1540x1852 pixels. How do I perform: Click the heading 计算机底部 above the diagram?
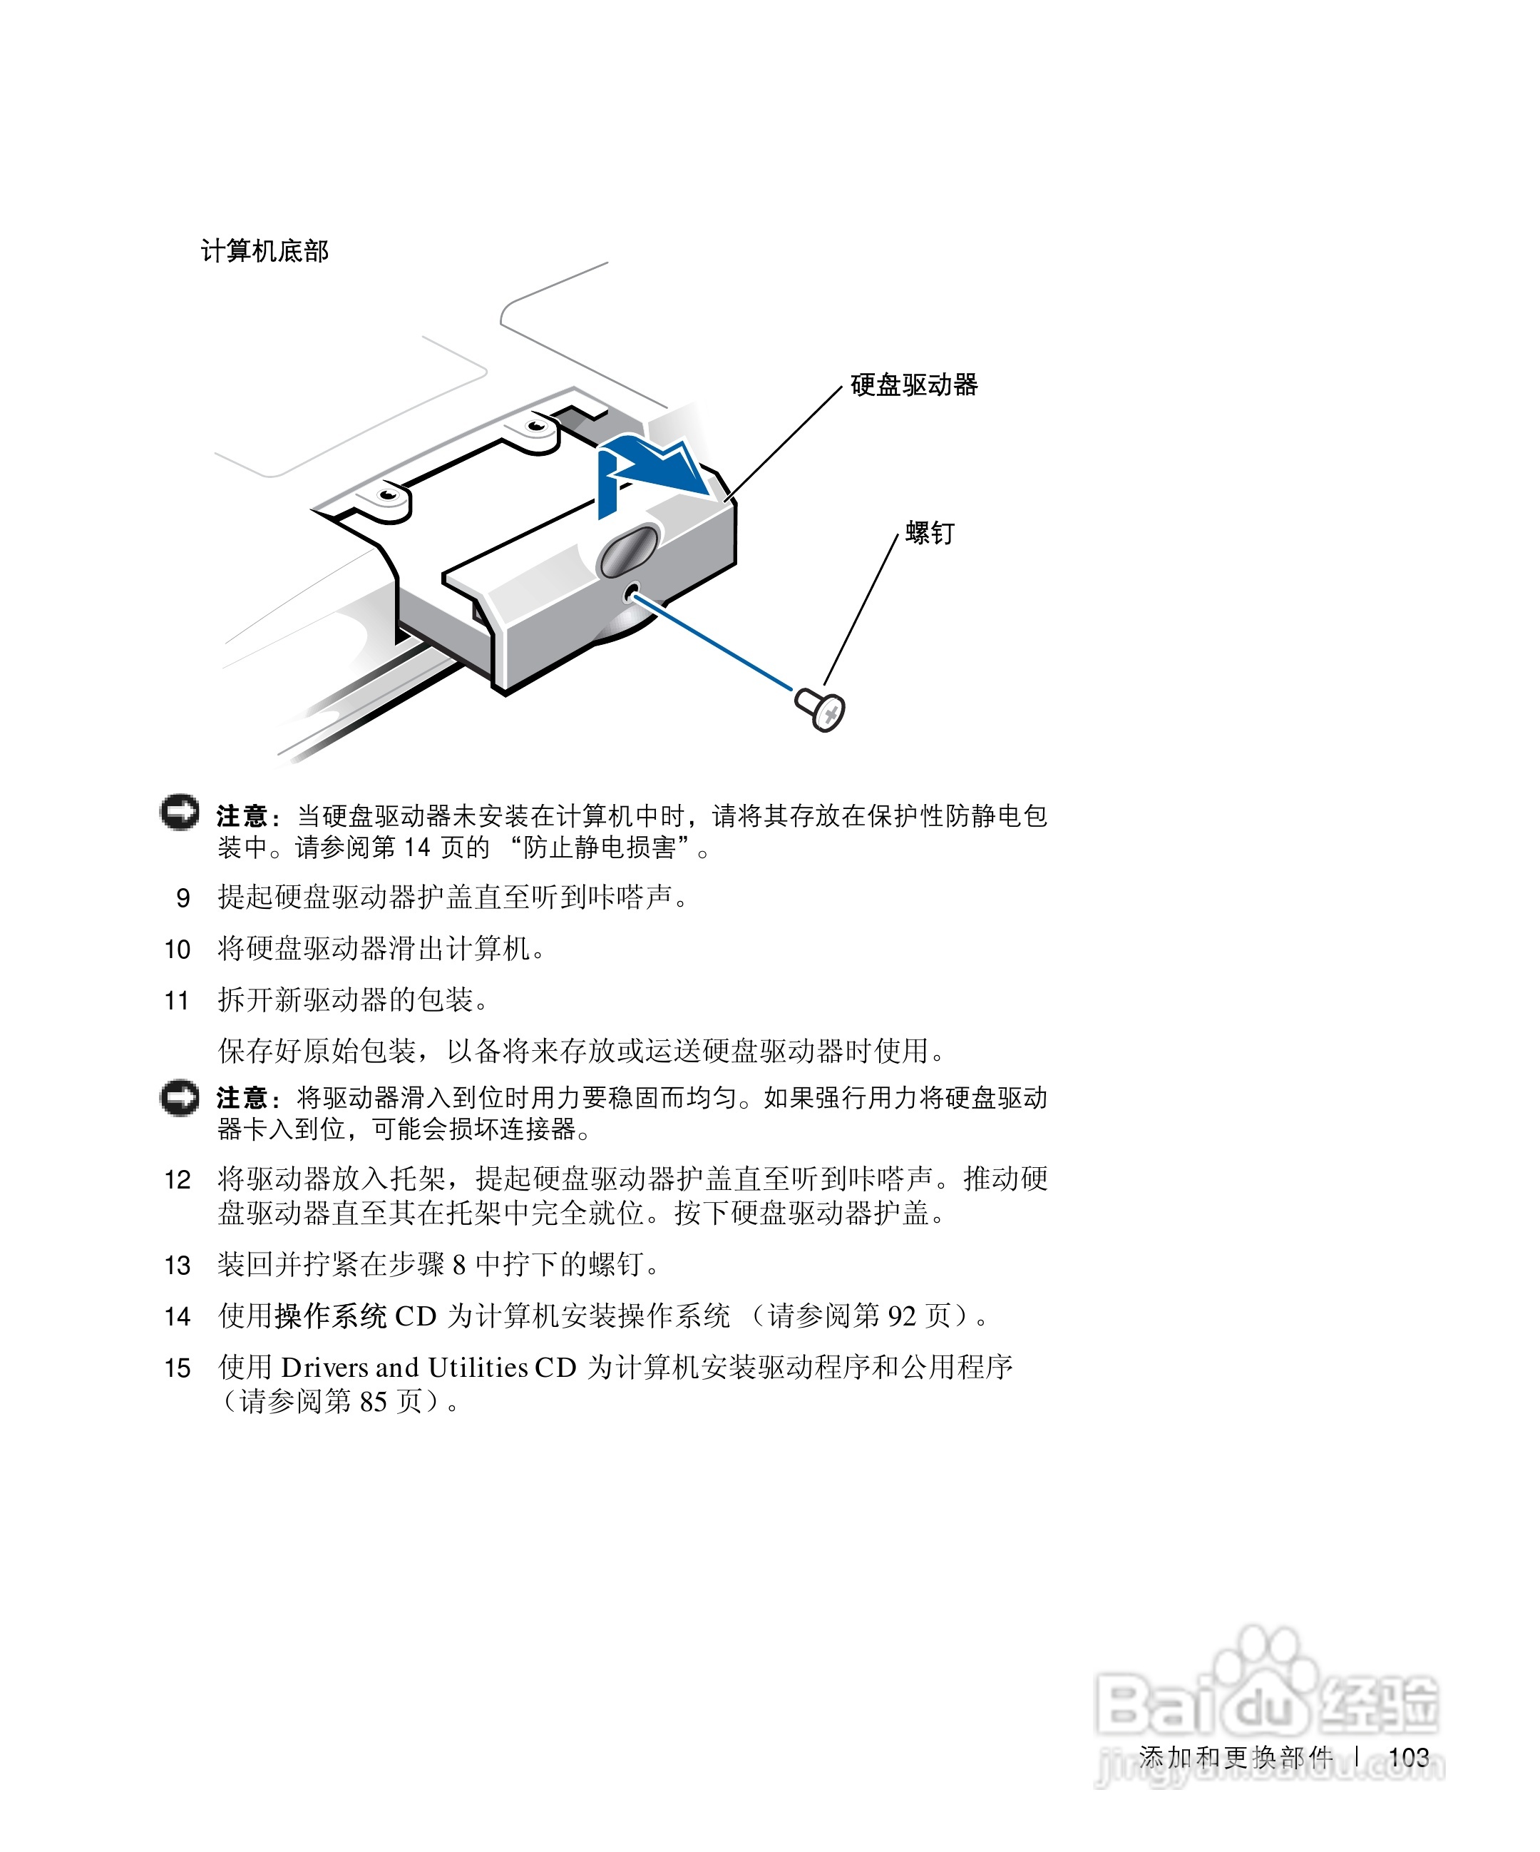pyautogui.click(x=265, y=251)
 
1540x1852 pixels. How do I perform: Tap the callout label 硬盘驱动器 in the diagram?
pyautogui.click(x=914, y=385)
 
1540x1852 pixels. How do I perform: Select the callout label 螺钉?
pyautogui.click(x=930, y=534)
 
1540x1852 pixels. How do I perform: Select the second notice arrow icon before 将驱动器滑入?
pyautogui.click(x=180, y=1097)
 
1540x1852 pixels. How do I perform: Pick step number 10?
pyautogui.click(x=178, y=950)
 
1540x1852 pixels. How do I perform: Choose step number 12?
pyautogui.click(x=178, y=1180)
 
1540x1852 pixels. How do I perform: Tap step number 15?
pyautogui.click(x=178, y=1368)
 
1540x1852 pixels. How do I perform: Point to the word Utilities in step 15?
pyautogui.click(x=478, y=1368)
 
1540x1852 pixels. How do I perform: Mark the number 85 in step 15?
pyautogui.click(x=374, y=1401)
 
